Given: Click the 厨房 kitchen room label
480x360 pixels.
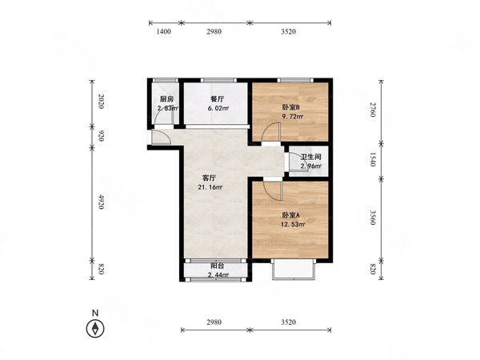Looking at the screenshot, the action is pos(167,99).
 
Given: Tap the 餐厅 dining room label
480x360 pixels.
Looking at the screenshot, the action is pos(218,99).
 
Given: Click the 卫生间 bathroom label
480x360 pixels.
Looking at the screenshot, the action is pos(310,158).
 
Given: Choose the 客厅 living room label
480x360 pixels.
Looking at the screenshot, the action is pos(210,178).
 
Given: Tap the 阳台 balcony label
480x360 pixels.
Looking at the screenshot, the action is pos(217,266).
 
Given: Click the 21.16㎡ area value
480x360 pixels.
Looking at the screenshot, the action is pos(210,187).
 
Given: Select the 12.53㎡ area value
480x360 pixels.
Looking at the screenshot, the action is pos(293,224).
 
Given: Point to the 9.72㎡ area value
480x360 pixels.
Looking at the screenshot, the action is pos(293,117).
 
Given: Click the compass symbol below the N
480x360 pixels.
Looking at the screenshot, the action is pos(95,329).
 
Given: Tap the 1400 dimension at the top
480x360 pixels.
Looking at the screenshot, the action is pos(164,31).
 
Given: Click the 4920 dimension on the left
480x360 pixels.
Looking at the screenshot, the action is pos(101,202).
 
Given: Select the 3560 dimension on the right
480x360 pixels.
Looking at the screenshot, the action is pos(373,218).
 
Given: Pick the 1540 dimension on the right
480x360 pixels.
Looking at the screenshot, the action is pos(373,159).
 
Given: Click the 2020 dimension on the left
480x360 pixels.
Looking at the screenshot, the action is pos(101,102).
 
